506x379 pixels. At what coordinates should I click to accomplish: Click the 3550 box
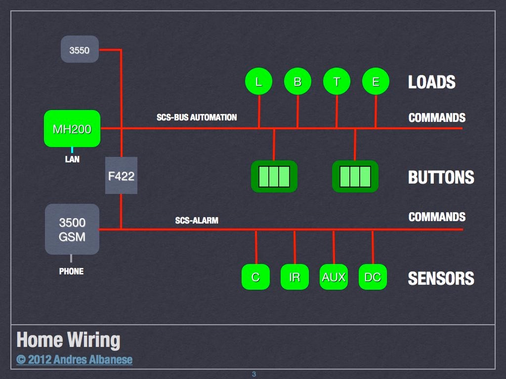tap(80, 49)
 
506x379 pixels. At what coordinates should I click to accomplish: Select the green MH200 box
tap(72, 128)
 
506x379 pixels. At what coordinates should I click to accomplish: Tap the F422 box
tap(121, 175)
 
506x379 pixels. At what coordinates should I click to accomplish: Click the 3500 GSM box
tap(72, 229)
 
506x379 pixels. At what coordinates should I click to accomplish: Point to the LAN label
tap(72, 160)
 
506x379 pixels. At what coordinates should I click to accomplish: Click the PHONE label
tap(71, 271)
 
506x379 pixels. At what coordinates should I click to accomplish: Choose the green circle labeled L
tap(258, 82)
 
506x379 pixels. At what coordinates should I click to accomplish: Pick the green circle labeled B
tap(297, 82)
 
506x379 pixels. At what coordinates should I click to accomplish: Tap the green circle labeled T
tap(337, 82)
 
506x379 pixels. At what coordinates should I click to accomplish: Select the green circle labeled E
tap(376, 82)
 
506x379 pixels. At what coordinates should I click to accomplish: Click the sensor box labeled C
tap(255, 277)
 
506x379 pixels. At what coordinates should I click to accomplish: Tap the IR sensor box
tap(295, 277)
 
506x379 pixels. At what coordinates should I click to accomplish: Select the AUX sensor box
tap(334, 277)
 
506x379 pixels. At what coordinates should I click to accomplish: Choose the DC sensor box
tap(373, 277)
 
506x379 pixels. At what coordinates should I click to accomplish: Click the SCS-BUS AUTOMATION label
tap(197, 118)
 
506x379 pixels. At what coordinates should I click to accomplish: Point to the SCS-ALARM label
tap(197, 220)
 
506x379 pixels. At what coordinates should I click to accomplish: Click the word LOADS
tap(431, 82)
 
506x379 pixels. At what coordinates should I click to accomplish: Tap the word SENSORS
tap(441, 279)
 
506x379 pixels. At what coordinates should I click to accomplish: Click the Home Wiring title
tap(68, 340)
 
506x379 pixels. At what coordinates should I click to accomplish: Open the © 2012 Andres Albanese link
tap(74, 359)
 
